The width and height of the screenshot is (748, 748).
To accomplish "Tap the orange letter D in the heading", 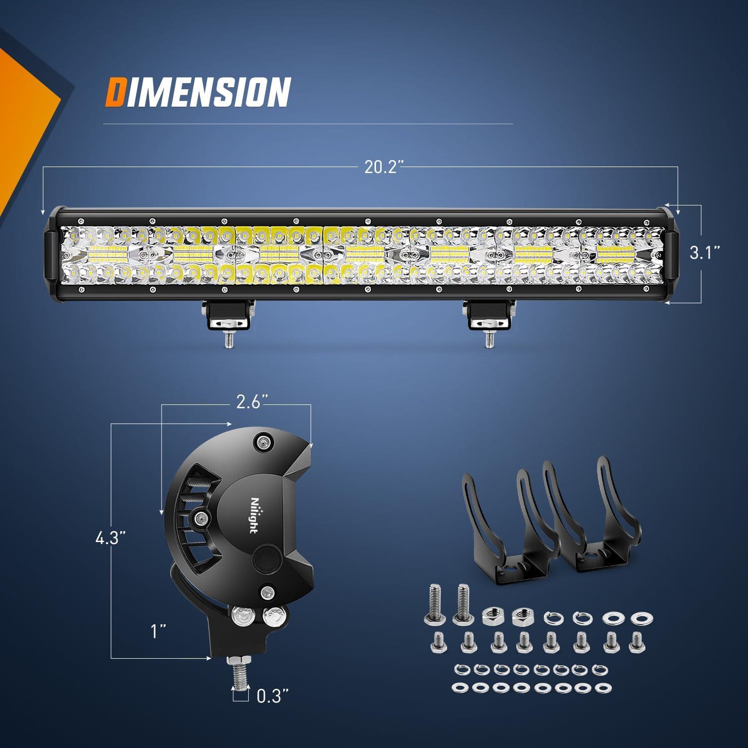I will click(x=115, y=92).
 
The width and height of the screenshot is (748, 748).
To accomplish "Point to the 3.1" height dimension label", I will click(x=705, y=253).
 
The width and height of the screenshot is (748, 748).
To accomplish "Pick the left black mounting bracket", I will click(x=509, y=521).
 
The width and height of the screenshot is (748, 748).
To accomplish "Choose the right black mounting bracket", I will click(x=598, y=519).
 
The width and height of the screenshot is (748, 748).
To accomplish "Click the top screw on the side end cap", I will click(x=263, y=441).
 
